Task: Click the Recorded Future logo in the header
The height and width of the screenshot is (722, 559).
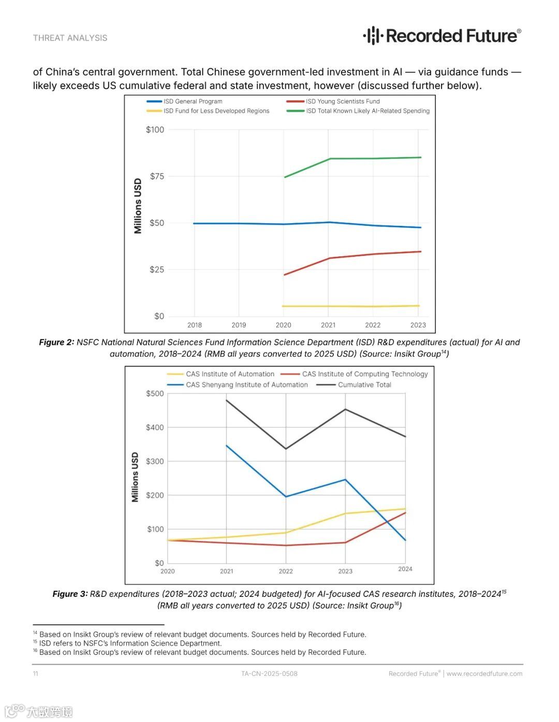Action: point(442,36)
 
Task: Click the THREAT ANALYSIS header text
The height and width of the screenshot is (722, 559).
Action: point(70,38)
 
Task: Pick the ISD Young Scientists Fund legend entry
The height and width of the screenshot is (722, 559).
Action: point(342,101)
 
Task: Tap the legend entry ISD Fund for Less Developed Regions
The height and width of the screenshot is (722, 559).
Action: point(216,111)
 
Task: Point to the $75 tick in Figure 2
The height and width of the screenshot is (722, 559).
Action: point(157,176)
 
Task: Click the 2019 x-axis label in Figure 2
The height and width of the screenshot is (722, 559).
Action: point(239,325)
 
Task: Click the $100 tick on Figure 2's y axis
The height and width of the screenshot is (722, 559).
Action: point(155,130)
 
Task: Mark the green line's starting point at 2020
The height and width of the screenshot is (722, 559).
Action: point(284,177)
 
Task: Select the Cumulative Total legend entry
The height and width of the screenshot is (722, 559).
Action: point(364,385)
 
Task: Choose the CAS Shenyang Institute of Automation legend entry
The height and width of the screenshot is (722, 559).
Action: point(246,385)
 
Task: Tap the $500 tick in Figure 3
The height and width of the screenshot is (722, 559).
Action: point(155,393)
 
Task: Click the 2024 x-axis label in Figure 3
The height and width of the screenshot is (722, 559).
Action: point(405,569)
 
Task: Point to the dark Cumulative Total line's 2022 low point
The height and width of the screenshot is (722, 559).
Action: point(286,449)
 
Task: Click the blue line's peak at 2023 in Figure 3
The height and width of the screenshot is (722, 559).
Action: point(345,480)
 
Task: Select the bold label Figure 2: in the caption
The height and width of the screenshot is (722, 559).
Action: point(56,342)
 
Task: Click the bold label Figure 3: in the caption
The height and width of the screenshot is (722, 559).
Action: point(70,594)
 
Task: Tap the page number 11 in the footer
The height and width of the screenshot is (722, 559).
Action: point(35,673)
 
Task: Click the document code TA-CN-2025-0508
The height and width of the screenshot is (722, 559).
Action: point(269,673)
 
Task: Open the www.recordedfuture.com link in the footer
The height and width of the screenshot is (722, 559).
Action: point(484,673)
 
